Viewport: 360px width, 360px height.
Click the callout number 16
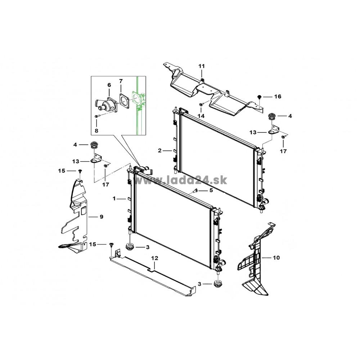278,96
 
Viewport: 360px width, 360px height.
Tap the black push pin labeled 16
259,97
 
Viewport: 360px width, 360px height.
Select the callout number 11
201,66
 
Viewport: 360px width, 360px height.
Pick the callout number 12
155,258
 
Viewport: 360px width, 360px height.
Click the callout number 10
276,258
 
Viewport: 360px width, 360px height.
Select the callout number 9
102,217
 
